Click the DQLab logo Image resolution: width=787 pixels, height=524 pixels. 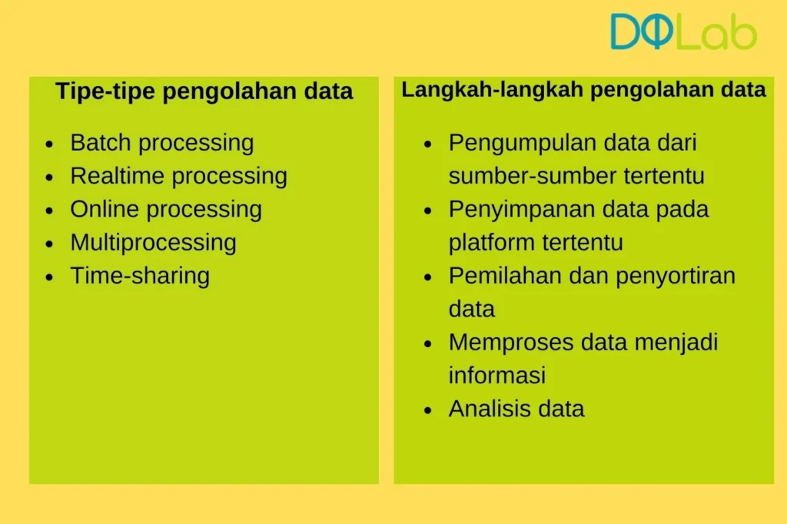(683, 32)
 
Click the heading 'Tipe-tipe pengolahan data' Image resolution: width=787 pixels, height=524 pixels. (204, 91)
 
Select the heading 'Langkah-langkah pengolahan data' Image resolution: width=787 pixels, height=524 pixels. (583, 90)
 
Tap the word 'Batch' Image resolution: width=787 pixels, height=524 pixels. (101, 143)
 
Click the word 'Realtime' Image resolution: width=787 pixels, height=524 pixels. (118, 176)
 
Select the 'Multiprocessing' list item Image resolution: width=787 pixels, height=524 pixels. (153, 243)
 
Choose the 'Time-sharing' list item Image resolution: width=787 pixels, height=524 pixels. (140, 276)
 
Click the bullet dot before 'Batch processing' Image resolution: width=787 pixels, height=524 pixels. (50, 144)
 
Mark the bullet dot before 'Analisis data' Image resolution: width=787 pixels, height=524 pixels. (428, 410)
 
